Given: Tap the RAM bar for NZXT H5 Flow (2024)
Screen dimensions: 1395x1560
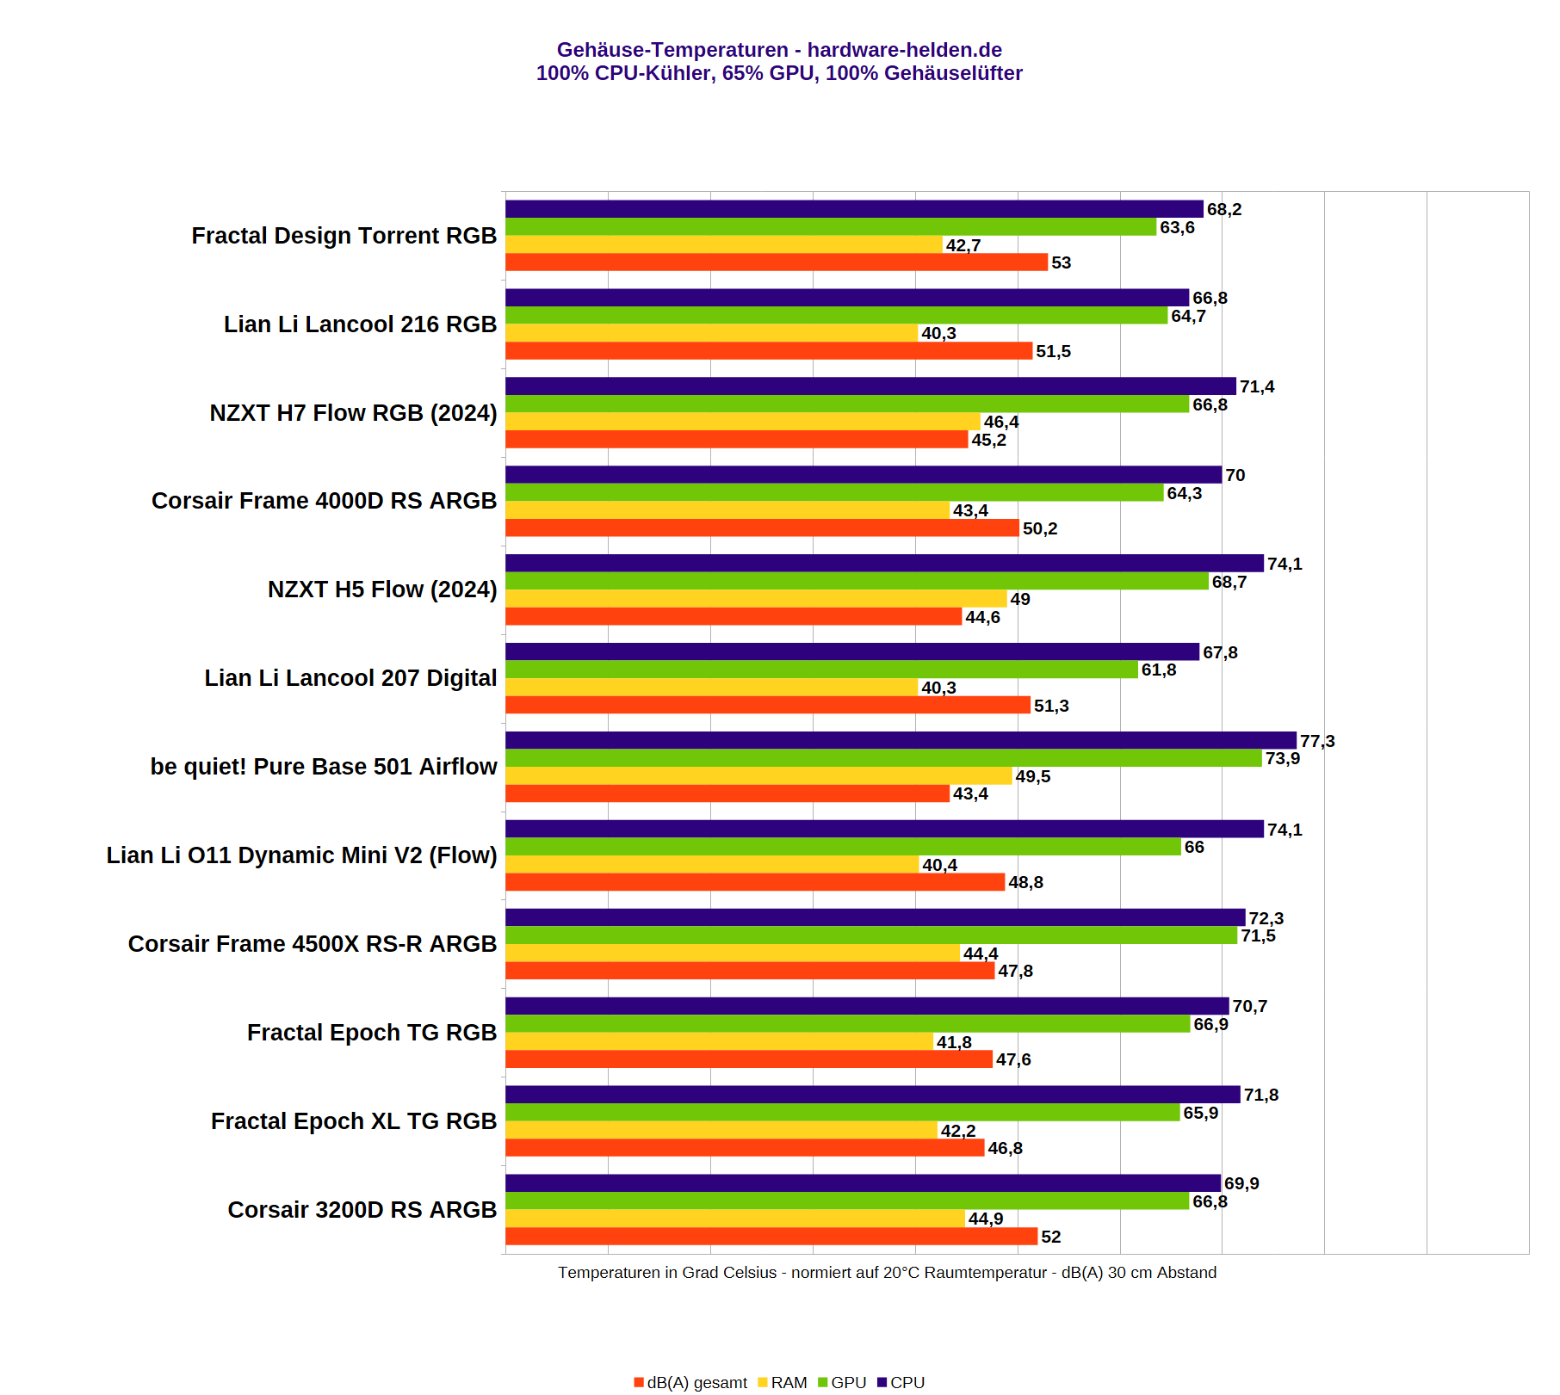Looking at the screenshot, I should (755, 599).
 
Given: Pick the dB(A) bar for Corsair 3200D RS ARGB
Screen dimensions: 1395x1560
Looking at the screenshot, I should (771, 1237).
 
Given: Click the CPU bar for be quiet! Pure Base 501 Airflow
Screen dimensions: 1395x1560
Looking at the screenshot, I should (900, 741).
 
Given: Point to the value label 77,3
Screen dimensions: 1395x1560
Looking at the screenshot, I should (1317, 741).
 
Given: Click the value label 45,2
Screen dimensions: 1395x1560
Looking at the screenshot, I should (988, 441).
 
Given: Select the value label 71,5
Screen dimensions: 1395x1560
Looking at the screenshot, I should (1258, 936).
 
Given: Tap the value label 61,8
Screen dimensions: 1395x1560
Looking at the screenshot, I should (1158, 670).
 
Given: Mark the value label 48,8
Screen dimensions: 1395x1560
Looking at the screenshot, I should (1025, 883).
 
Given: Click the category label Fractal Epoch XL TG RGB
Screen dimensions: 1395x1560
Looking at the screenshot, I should (354, 1121).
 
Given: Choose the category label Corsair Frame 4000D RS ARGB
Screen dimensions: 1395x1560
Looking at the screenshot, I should (324, 501).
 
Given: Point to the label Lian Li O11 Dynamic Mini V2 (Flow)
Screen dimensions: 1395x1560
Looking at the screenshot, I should (301, 855).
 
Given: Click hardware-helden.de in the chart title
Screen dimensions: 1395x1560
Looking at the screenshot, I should (904, 50).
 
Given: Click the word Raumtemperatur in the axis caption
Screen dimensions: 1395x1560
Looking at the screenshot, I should (990, 1273).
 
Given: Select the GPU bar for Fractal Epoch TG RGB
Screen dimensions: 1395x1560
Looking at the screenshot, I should (847, 1024).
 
